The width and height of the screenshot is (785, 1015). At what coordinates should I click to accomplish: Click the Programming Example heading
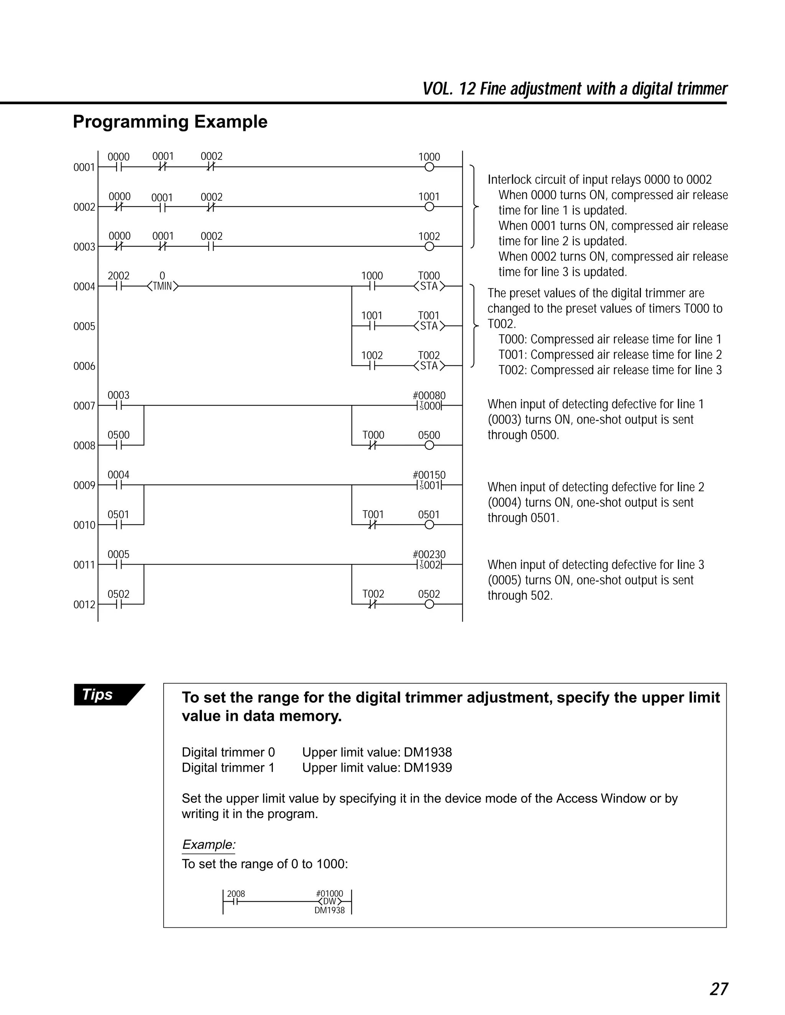[x=170, y=122]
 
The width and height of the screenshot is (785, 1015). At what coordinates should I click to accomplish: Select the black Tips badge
[x=105, y=694]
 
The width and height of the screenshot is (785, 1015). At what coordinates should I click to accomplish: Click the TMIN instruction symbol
[x=162, y=286]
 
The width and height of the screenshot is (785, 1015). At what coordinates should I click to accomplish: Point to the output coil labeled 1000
[x=429, y=167]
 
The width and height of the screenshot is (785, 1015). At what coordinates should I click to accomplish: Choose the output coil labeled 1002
[x=429, y=246]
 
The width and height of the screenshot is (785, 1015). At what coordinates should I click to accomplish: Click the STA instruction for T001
[x=429, y=326]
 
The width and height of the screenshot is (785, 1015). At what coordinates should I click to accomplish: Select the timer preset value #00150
[x=429, y=475]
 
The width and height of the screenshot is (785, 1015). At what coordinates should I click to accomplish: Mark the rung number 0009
[x=84, y=486]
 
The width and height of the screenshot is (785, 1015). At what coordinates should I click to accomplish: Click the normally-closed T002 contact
[x=373, y=604]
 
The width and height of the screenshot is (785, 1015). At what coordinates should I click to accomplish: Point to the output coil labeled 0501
[x=429, y=525]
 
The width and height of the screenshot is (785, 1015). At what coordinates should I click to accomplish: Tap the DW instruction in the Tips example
[x=329, y=902]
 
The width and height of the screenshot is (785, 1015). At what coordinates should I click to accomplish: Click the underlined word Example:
[x=209, y=845]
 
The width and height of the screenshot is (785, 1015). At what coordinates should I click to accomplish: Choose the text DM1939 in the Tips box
[x=427, y=767]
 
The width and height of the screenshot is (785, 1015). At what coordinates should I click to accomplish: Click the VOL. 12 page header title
[x=575, y=88]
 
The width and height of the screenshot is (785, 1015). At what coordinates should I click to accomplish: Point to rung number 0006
[x=84, y=366]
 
